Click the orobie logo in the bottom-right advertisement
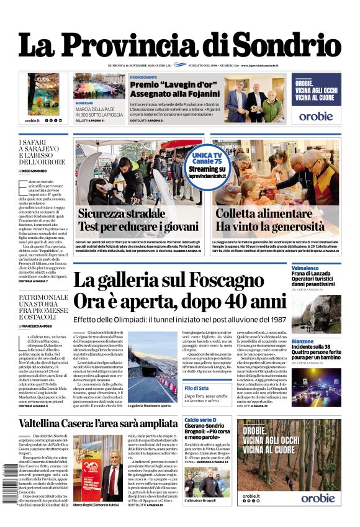317,498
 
